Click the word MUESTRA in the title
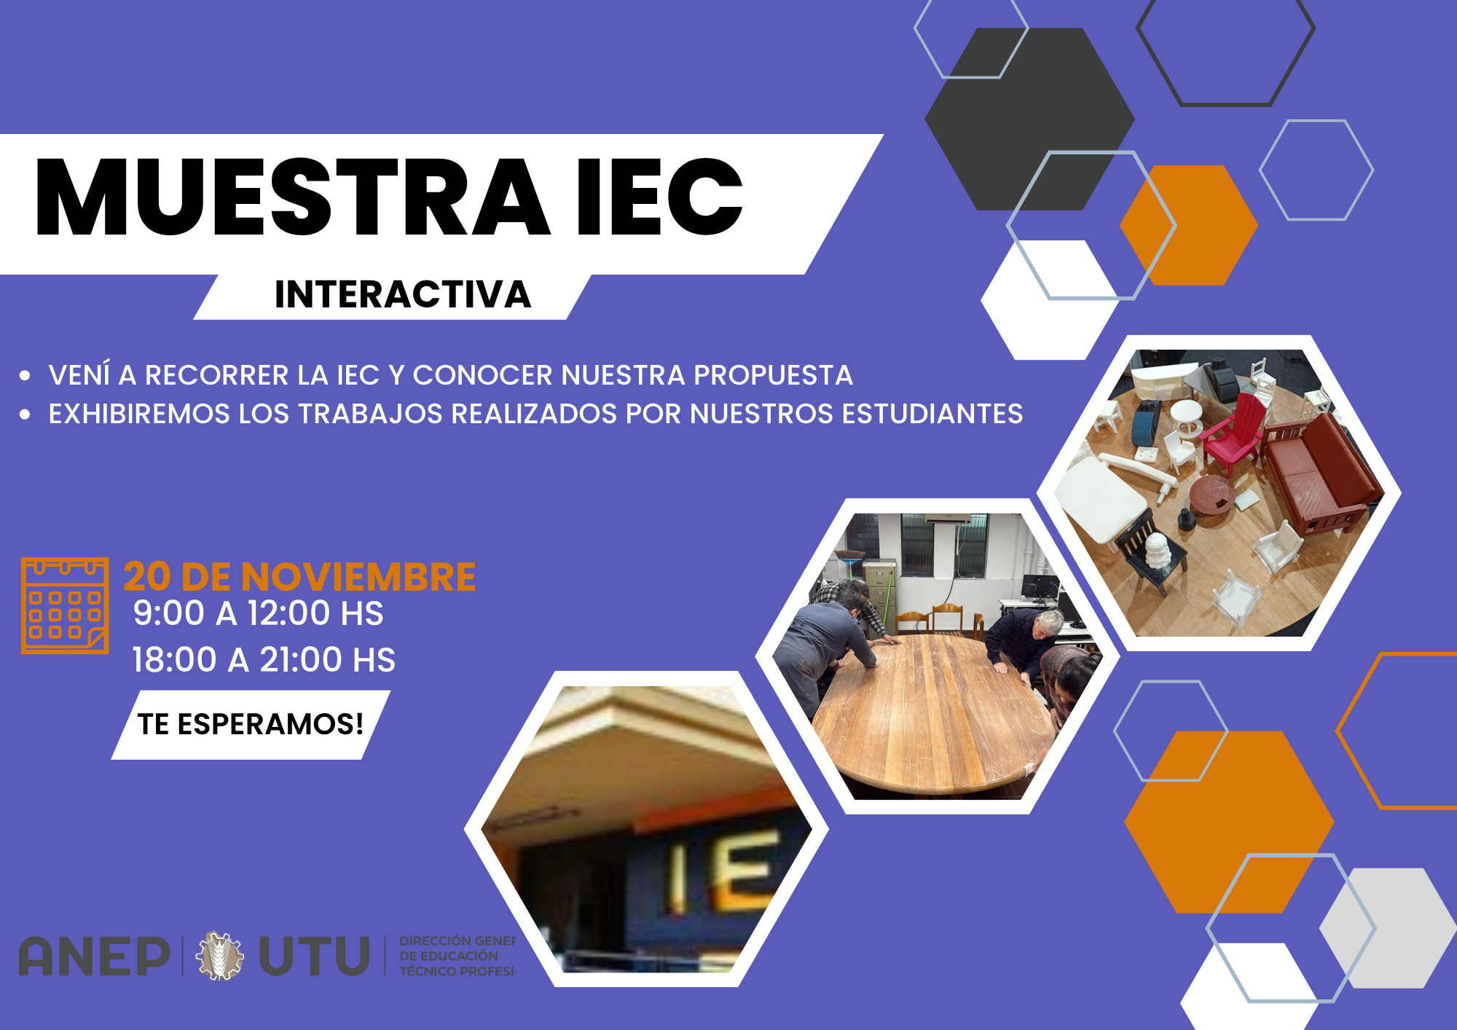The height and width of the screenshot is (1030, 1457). pos(291,198)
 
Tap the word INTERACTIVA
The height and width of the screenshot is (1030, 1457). pos(403,295)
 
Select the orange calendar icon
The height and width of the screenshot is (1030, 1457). pos(65,605)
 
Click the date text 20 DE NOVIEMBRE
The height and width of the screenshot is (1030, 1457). pos(299,577)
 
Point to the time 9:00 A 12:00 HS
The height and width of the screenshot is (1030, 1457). pos(258,613)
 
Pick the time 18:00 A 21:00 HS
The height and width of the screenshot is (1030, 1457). pos(264,660)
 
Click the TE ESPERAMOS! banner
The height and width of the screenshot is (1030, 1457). pos(251,724)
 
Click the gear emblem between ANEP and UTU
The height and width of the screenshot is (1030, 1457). pos(219,956)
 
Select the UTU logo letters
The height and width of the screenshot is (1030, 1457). pos(315,956)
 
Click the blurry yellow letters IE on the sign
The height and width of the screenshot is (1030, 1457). pos(721,870)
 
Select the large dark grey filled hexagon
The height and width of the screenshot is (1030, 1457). pos(1020,109)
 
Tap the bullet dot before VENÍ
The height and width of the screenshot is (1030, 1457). pos(25,376)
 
